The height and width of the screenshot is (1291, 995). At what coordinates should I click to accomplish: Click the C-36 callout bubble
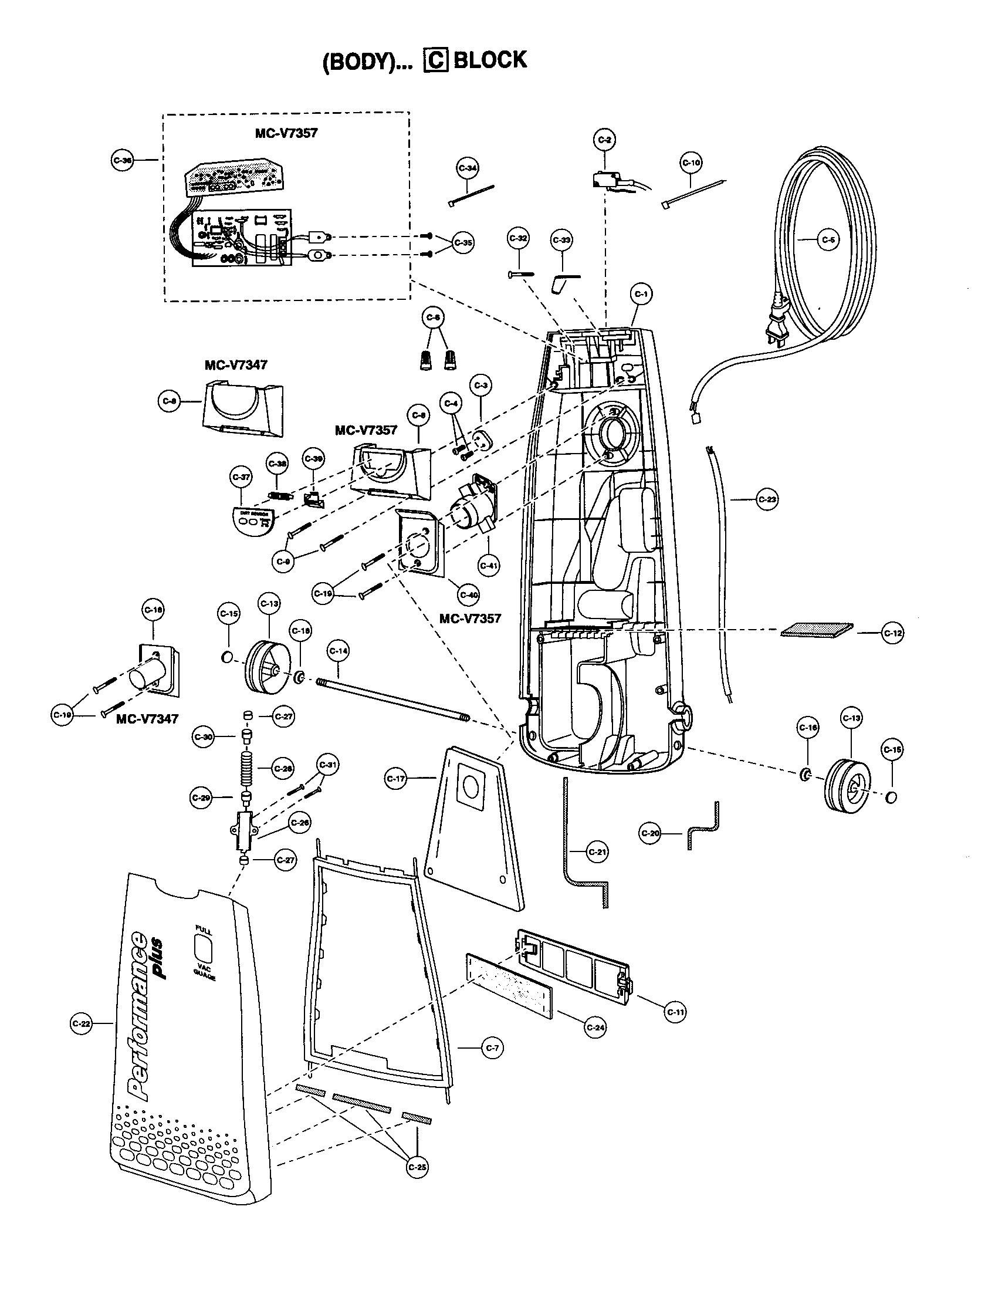click(122, 160)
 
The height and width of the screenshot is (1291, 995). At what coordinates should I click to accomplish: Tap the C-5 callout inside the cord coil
click(828, 240)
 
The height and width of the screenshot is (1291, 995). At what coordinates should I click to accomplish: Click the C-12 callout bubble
click(893, 633)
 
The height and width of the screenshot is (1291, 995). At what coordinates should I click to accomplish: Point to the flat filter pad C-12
click(817, 630)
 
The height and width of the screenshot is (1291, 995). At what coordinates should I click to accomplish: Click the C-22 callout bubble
click(81, 1023)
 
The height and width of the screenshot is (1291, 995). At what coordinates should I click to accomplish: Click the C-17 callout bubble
click(395, 779)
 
